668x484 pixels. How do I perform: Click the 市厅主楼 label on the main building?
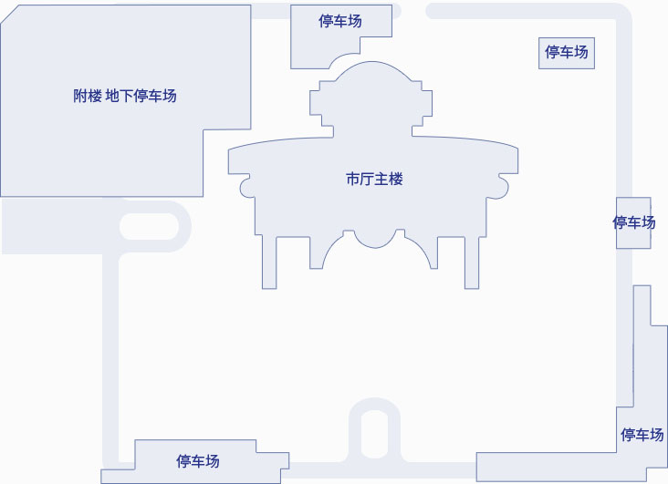[x=374, y=180]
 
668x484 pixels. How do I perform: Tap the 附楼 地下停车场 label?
[x=124, y=96]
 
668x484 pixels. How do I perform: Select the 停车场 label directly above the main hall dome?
[x=340, y=21]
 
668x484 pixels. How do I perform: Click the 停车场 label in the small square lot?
[x=566, y=52]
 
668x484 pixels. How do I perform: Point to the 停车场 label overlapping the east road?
[x=634, y=222]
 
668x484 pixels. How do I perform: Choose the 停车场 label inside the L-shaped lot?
[x=642, y=435]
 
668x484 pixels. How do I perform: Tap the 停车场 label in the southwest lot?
[x=198, y=461]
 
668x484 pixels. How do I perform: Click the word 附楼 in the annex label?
[x=88, y=96]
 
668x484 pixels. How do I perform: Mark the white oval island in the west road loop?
[x=149, y=226]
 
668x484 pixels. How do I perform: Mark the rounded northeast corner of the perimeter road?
[x=620, y=15]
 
